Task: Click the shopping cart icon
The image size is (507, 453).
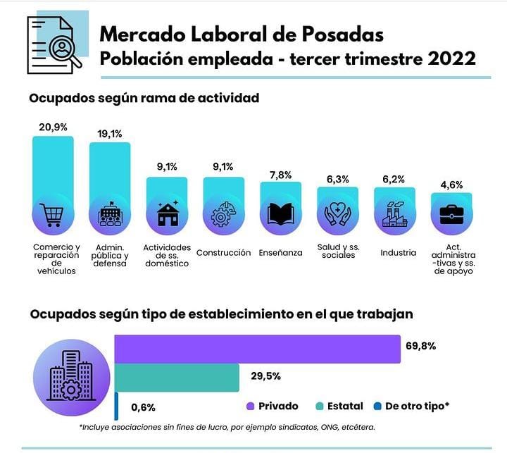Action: [53, 215]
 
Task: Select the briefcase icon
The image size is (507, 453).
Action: [451, 215]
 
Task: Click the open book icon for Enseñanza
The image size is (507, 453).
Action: [280, 215]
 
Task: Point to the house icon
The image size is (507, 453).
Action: [167, 215]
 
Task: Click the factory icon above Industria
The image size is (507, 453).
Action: [394, 215]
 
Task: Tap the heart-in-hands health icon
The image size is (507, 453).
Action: [337, 215]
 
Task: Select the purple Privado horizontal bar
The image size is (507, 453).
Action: [258, 349]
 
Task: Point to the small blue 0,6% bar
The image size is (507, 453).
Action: [116, 407]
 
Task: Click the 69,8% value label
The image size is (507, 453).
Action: [421, 346]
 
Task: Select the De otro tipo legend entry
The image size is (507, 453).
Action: [416, 407]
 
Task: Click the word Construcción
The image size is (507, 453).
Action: [223, 253]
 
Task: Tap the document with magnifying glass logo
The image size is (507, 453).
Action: [55, 44]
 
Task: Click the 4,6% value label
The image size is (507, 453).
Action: [451, 185]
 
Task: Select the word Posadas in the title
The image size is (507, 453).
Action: [345, 33]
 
